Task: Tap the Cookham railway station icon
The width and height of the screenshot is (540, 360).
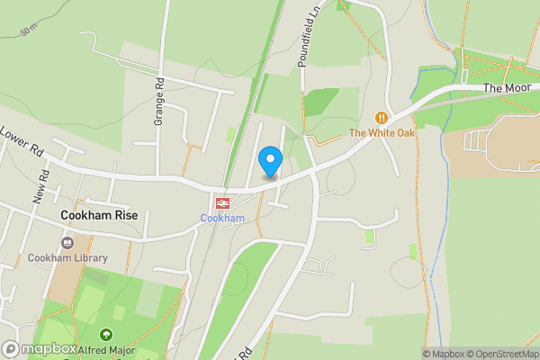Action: point(221,203)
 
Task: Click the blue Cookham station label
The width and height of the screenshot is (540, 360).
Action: point(221,219)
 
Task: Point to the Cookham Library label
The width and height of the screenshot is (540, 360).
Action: point(67,259)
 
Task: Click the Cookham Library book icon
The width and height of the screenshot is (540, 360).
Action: point(67,243)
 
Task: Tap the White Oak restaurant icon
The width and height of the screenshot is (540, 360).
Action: point(382,118)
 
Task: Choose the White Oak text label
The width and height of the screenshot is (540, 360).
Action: point(382,134)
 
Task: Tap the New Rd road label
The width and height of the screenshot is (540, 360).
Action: point(40,186)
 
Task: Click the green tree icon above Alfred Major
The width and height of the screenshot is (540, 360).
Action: point(106,335)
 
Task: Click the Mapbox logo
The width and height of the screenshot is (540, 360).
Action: point(40,349)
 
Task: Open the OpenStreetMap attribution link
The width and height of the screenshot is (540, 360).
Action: point(499,354)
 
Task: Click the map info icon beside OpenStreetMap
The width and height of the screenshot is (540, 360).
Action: point(532,354)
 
